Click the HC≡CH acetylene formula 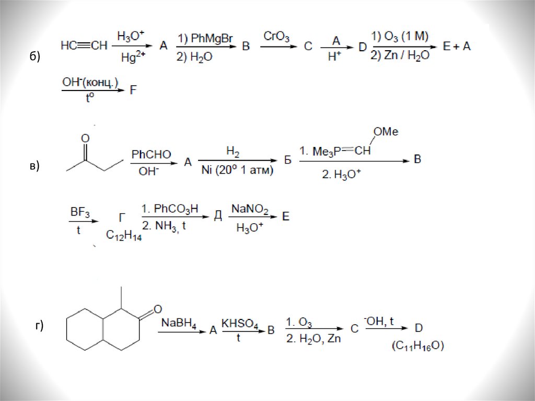coord(84,46)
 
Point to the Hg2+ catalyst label coord(133,58)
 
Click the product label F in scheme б coord(133,90)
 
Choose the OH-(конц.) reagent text coord(90,82)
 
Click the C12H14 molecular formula coord(124,236)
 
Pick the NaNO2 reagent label coord(250,210)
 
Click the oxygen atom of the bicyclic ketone coord(158,308)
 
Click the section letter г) coord(39,327)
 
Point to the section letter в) coord(34,167)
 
